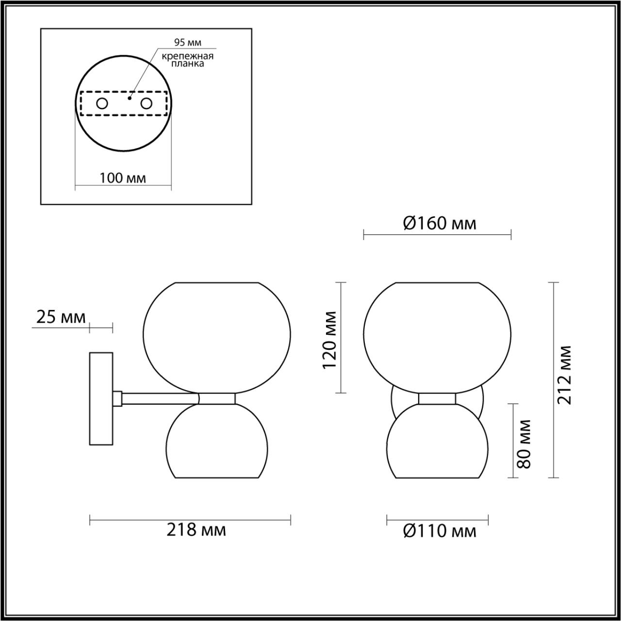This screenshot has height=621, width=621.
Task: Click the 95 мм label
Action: tap(188, 43)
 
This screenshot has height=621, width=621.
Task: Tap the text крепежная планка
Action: tap(188, 60)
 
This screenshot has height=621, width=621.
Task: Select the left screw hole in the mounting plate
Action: tap(102, 103)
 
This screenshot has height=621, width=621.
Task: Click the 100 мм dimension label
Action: tap(123, 178)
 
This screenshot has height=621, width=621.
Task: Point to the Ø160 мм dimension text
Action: tap(440, 223)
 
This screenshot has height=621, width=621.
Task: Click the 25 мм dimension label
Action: tap(61, 317)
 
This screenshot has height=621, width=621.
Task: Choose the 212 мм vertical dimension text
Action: tap(564, 375)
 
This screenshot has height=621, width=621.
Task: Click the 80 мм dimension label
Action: tap(524, 443)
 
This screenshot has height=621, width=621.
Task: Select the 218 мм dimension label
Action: tap(196, 529)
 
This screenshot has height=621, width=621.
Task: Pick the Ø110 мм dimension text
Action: tap(440, 531)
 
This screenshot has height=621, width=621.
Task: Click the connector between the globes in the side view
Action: tap(217, 398)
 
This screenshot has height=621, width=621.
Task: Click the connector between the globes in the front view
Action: tap(437, 398)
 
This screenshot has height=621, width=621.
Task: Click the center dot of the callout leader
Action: tap(129, 98)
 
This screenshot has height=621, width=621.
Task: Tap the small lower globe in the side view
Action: tap(216, 441)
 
